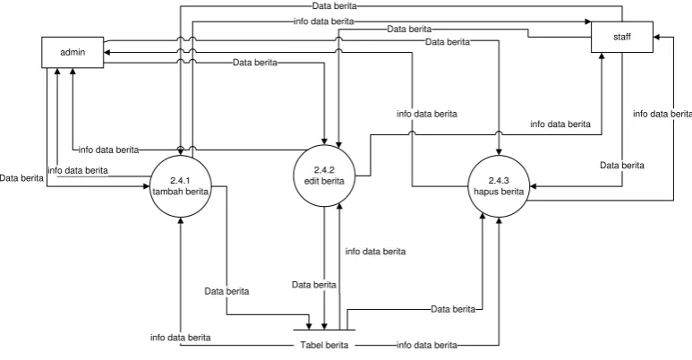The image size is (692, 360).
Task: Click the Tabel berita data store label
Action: [324, 345]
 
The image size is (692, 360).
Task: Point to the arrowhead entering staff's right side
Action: [656, 37]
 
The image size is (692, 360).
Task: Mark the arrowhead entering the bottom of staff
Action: [602, 56]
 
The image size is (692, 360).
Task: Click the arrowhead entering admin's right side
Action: [107, 53]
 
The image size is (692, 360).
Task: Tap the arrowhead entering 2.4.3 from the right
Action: [534, 186]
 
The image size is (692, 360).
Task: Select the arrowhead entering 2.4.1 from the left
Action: [147, 186]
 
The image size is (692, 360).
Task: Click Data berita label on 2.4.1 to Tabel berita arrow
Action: [226, 291]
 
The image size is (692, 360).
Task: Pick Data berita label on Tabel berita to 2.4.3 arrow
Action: [453, 309]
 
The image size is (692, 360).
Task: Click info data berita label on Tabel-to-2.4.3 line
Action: [427, 345]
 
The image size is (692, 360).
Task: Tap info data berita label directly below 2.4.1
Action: [181, 338]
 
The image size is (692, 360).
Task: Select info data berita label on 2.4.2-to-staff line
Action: [560, 124]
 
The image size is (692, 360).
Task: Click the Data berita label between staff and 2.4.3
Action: [622, 165]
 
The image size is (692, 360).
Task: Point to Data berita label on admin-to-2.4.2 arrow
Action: [255, 63]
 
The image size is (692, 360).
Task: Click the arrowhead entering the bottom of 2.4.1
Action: [181, 220]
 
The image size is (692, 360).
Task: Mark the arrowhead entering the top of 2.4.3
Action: [500, 152]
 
